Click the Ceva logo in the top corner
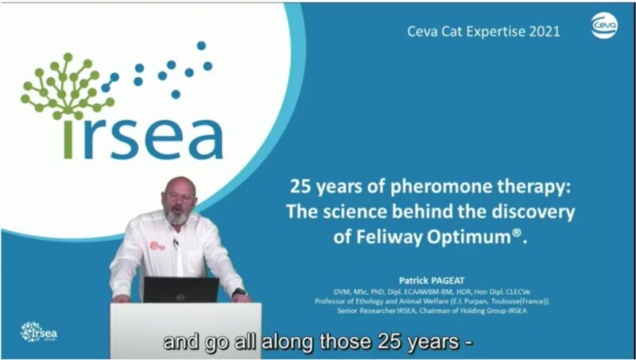click(x=606, y=25)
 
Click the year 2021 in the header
click(x=542, y=32)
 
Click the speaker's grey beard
click(x=180, y=216)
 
